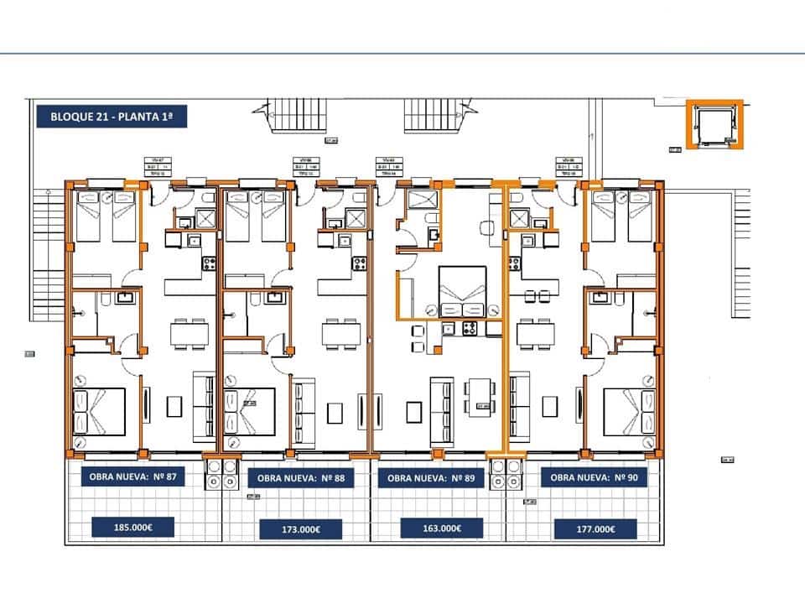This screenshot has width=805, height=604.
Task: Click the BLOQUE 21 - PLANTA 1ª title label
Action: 112,115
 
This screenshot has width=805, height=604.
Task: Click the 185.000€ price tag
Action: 132,528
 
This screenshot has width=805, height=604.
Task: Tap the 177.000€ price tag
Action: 595,528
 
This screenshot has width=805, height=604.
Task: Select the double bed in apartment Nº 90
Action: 628,411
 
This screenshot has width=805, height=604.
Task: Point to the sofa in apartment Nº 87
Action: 204,407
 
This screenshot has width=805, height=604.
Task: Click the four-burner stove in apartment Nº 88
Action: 360,263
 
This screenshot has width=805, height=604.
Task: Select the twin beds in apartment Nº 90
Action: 621,216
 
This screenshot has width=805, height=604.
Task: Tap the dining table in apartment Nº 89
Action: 478,394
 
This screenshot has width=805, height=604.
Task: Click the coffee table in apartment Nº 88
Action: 335,410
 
